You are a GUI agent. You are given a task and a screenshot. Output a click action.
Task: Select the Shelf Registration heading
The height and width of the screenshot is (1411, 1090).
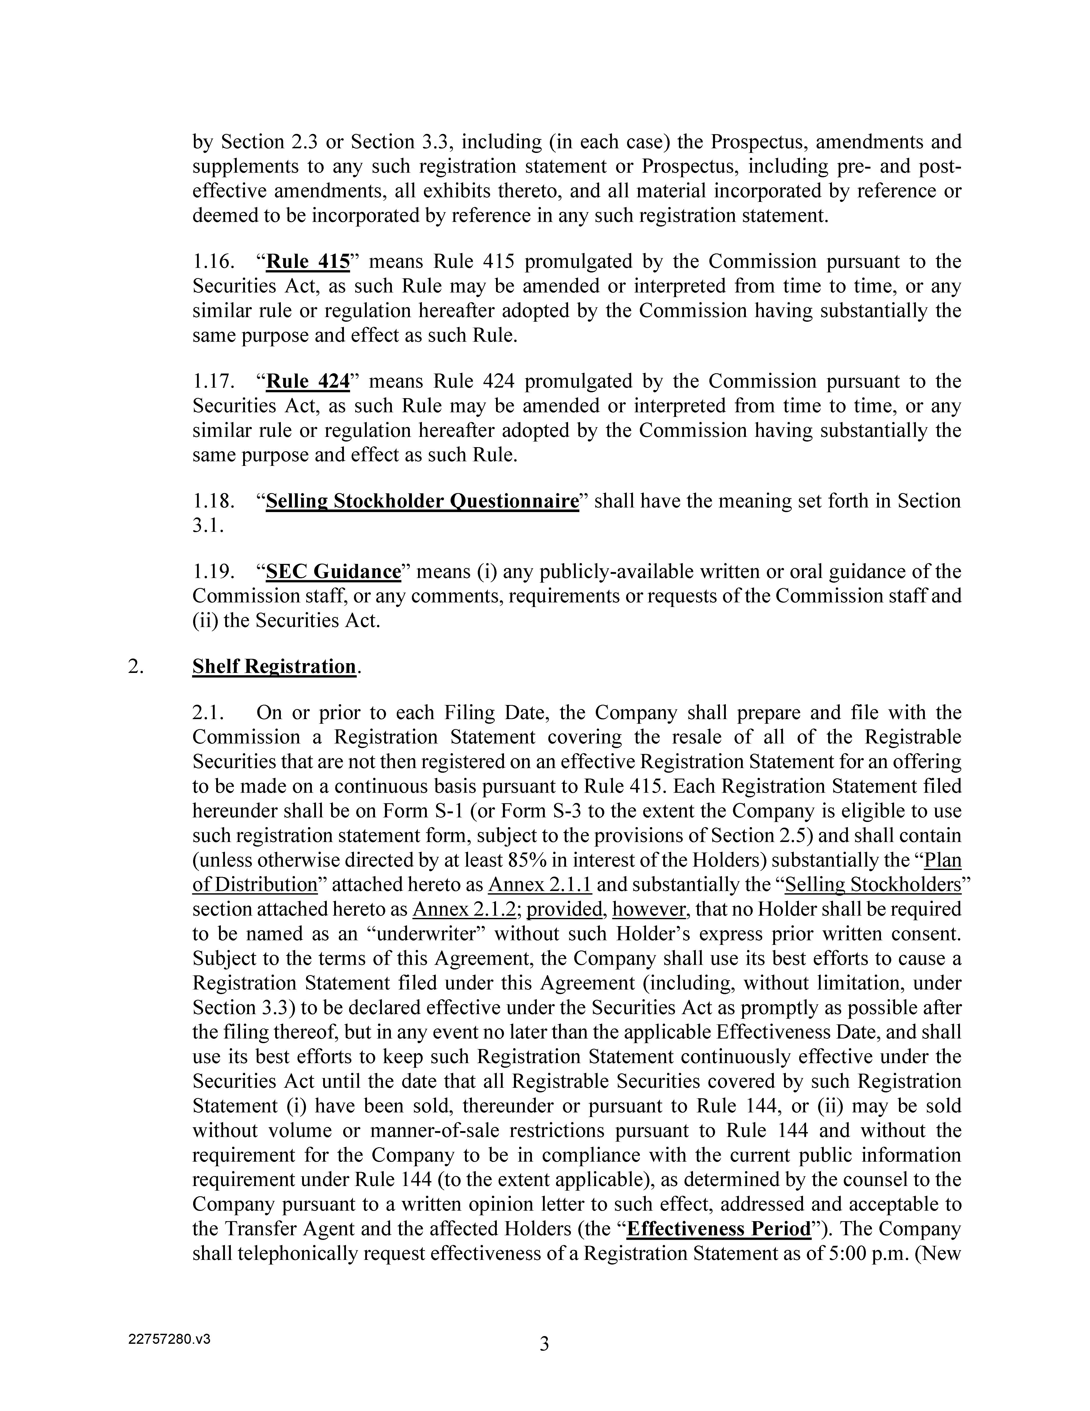(x=274, y=666)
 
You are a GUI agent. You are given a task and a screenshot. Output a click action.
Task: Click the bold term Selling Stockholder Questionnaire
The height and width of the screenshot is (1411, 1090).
(x=422, y=501)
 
